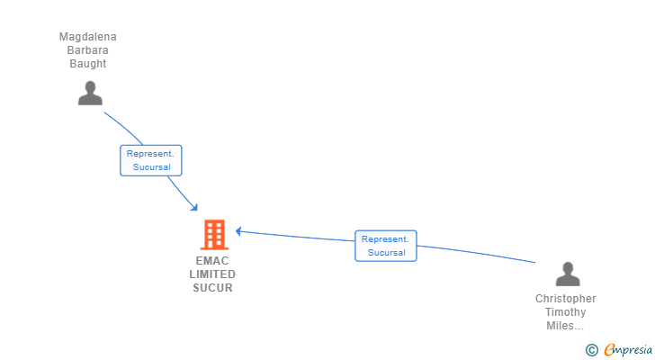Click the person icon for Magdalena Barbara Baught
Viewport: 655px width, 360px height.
pyautogui.click(x=90, y=93)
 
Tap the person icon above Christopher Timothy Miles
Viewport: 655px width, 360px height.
pyautogui.click(x=567, y=274)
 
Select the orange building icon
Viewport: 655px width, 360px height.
pyautogui.click(x=214, y=235)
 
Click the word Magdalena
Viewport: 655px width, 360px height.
pyautogui.click(x=88, y=37)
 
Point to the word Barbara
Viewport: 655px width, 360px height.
pyautogui.click(x=88, y=50)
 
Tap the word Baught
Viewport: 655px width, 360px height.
pyautogui.click(x=88, y=64)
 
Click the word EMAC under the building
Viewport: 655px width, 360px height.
pyautogui.click(x=213, y=261)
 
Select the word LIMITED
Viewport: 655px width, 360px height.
pyautogui.click(x=213, y=274)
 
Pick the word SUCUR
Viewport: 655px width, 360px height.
pyautogui.click(x=213, y=288)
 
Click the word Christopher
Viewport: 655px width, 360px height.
pyautogui.click(x=566, y=299)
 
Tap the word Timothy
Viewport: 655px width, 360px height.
pyautogui.click(x=566, y=312)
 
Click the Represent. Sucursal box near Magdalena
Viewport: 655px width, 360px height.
pyautogui.click(x=151, y=160)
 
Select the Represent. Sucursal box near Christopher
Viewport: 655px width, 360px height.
pyautogui.click(x=386, y=246)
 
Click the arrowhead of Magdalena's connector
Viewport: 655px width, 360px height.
pyautogui.click(x=194, y=209)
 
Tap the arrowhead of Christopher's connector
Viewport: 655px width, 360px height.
pyautogui.click(x=239, y=232)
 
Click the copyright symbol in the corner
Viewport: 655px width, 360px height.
pyautogui.click(x=592, y=350)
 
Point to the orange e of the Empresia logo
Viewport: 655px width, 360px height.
pyautogui.click(x=609, y=350)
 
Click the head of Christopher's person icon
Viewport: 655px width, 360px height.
pyautogui.click(x=567, y=267)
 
